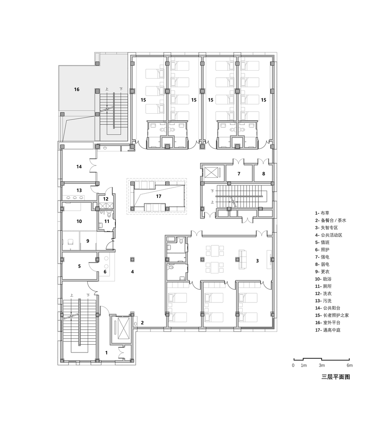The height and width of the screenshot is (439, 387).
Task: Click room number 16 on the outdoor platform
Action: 77,89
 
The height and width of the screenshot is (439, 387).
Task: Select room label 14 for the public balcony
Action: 79,167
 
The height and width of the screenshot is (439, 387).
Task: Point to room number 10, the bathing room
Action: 79,221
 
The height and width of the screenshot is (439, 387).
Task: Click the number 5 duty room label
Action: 79,266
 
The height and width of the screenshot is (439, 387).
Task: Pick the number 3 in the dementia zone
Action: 258,261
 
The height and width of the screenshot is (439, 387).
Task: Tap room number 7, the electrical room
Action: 239,174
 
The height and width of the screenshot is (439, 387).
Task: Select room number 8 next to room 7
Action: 264,174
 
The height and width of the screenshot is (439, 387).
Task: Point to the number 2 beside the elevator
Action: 142,323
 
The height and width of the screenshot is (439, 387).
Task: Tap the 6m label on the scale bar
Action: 349,365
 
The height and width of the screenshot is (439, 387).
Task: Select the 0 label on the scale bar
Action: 293,365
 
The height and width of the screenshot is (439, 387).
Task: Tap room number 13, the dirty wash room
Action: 79,191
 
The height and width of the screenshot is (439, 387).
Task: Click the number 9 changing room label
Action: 87,241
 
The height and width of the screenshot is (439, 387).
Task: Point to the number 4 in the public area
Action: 132,272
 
